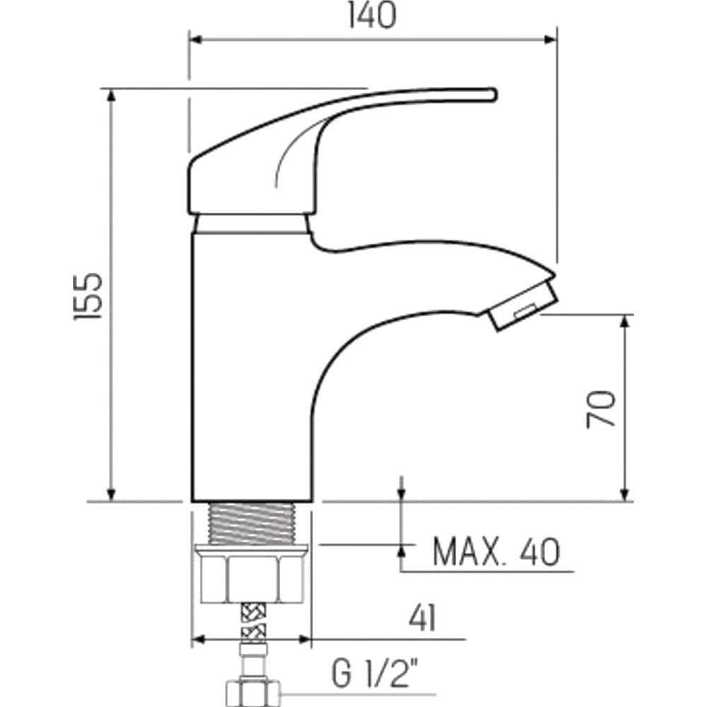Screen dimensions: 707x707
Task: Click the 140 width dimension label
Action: pos(372,16)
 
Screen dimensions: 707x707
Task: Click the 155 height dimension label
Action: pos(88,296)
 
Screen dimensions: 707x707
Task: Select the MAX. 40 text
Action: pos(496,551)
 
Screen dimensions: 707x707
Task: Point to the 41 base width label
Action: pos(423,618)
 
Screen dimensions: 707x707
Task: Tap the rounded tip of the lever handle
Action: pos(492,94)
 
